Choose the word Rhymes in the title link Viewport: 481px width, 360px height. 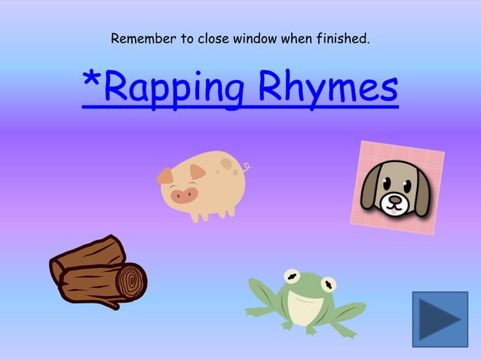pos(328,90)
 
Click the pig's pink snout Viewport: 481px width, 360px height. pos(183,196)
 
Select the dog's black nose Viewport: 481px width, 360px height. pos(392,200)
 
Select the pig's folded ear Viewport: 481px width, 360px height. pos(198,172)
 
